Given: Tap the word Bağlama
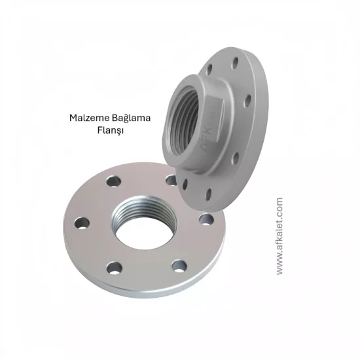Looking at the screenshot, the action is (132, 118).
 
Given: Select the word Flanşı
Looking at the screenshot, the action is (111, 131).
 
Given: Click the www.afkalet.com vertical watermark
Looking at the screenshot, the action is (279, 236).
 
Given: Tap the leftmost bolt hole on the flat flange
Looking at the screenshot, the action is (82, 223).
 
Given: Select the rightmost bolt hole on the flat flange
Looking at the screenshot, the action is (206, 219).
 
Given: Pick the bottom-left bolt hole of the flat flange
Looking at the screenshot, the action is (115, 268).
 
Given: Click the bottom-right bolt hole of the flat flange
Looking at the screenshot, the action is (179, 266).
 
